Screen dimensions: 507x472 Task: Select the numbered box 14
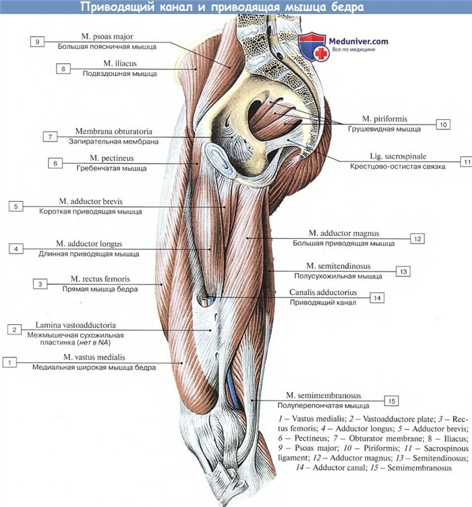tap(376, 297)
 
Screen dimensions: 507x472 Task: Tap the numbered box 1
tap(9, 362)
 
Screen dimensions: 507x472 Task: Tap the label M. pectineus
tap(113, 158)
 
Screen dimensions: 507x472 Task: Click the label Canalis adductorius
tap(323, 293)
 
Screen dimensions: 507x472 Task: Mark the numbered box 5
tap(16, 206)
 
